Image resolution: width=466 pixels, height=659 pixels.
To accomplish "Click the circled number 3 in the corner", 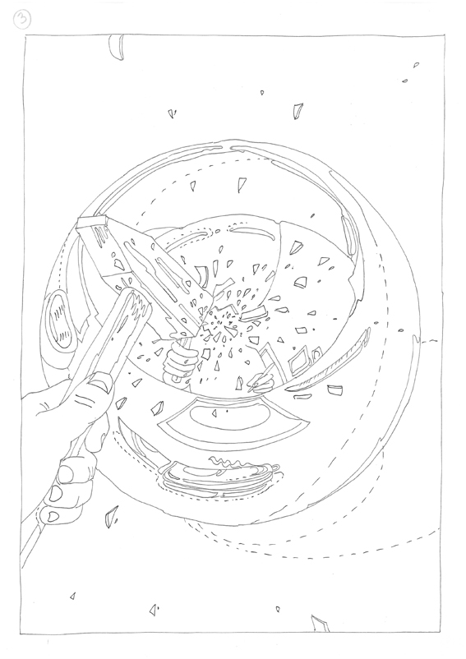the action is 21,20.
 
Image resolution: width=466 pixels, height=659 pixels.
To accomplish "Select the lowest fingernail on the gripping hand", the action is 51,516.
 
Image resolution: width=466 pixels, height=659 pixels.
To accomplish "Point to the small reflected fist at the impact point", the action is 179,361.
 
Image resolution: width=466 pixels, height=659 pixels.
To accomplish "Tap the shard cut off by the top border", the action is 117,48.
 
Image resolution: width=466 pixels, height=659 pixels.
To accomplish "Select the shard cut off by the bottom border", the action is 320,624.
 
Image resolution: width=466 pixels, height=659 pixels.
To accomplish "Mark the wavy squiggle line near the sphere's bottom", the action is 229,463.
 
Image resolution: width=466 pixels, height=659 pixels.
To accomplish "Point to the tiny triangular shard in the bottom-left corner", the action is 72,596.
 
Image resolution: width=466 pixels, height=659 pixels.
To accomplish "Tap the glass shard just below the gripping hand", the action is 111,516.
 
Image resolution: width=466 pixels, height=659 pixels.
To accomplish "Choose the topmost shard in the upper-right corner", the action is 416,65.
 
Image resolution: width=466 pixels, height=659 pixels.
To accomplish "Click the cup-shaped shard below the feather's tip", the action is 335,390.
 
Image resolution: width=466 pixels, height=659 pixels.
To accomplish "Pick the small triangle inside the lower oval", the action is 214,414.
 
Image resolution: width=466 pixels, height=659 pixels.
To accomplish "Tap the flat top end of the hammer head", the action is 91,223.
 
